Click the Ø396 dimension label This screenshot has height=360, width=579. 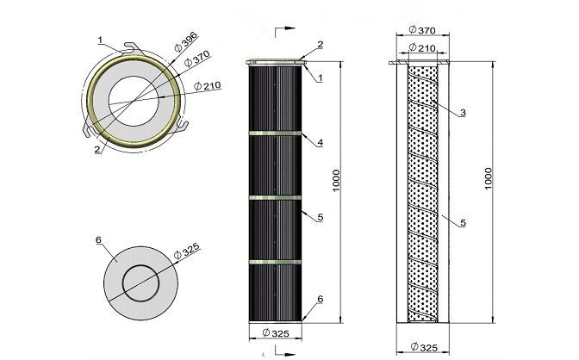tap(186, 42)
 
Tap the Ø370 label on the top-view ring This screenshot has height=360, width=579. tap(197, 58)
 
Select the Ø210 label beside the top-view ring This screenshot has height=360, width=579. tap(207, 85)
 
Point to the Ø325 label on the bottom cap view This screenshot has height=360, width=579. tap(186, 251)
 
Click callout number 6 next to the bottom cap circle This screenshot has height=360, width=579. tap(98, 240)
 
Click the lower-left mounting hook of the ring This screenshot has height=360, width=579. tap(88, 130)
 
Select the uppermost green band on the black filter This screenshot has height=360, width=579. tap(275, 133)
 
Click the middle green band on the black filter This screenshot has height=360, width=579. tap(275, 198)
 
